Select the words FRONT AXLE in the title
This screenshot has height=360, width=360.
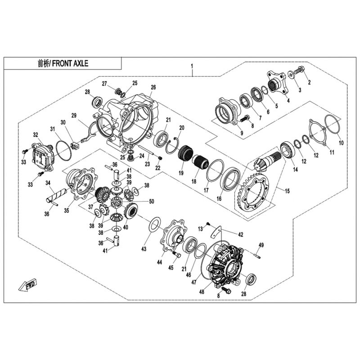coord(70,63)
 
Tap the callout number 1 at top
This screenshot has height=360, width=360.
coord(192,66)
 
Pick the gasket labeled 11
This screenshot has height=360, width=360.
coord(318,132)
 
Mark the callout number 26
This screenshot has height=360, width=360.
coord(153,87)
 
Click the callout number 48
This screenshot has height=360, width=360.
coord(202,292)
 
